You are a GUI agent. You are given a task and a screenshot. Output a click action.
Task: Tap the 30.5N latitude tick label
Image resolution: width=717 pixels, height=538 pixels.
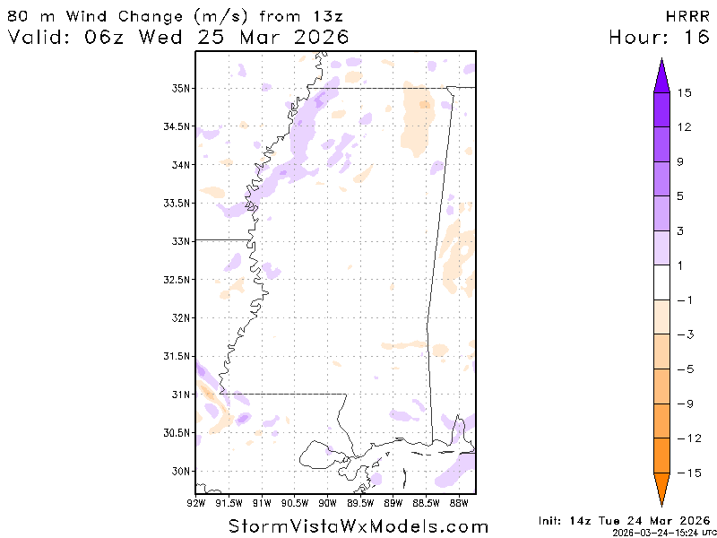point(177,432)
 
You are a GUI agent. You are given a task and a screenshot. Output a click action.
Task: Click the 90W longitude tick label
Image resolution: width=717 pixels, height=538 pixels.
point(327,502)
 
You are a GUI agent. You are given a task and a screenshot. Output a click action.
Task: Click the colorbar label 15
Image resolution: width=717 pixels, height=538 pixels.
point(685,92)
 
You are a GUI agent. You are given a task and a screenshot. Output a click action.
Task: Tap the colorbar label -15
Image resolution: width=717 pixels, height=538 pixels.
point(687,473)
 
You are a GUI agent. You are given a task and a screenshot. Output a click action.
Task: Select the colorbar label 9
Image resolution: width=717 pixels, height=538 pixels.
point(682,161)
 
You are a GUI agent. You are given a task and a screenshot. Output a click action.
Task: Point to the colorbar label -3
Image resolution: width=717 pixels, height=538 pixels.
point(685,334)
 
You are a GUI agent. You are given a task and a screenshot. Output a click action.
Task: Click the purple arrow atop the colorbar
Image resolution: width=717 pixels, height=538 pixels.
point(662,75)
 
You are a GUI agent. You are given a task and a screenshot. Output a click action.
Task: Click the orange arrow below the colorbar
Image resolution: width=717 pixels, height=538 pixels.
point(662,490)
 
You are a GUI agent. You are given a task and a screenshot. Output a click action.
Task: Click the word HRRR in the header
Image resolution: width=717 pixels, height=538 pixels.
point(687,16)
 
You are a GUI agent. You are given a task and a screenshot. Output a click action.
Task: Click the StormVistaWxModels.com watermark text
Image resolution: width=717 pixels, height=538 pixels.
point(358,526)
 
